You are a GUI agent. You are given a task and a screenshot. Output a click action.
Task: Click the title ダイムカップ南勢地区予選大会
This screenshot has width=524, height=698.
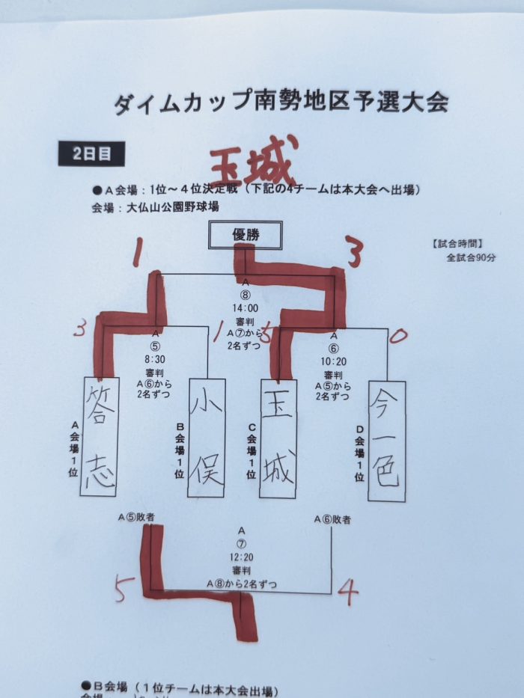(x=281, y=102)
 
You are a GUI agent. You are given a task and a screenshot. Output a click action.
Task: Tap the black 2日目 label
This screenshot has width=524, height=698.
(x=92, y=154)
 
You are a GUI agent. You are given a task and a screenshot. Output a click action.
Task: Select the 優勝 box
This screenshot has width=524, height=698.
(x=245, y=236)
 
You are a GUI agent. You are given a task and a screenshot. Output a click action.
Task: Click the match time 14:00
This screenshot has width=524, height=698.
(x=245, y=307)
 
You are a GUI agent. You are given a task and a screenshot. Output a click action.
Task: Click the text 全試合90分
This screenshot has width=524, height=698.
(x=472, y=257)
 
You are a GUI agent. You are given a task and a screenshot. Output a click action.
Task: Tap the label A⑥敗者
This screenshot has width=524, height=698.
(x=332, y=519)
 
